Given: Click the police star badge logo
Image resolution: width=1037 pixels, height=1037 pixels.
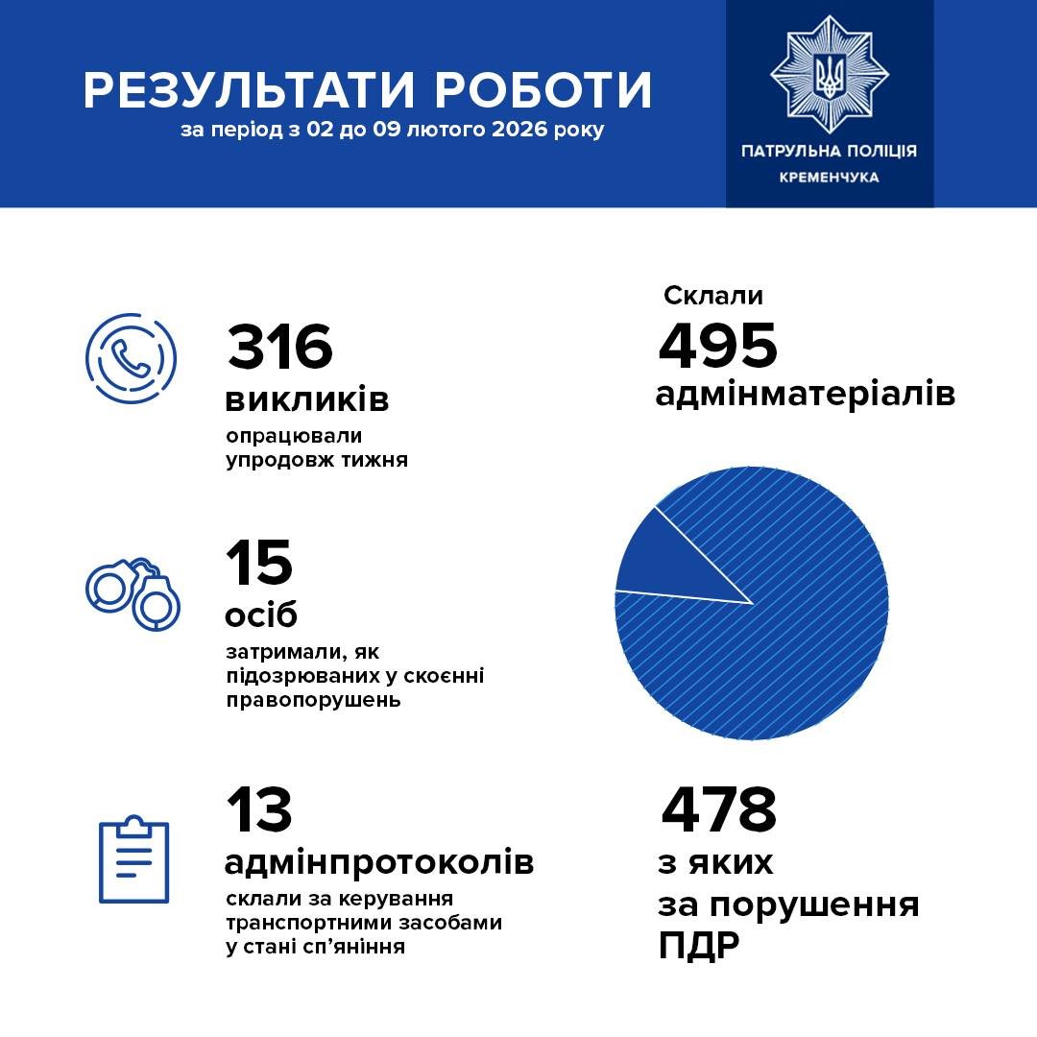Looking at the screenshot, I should tap(829, 73).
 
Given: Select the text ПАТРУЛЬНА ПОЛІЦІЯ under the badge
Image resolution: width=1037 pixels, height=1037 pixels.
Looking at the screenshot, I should tap(829, 151).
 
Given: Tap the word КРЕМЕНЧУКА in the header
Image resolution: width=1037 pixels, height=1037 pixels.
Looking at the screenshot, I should tap(829, 178).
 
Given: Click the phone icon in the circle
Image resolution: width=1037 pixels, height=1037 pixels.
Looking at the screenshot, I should tap(131, 356).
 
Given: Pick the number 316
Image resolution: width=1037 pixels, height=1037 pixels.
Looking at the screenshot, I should tap(279, 347).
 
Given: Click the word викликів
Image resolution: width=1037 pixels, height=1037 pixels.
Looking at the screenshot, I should tap(307, 398).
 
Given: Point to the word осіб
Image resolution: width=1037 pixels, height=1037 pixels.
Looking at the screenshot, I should tap(261, 615).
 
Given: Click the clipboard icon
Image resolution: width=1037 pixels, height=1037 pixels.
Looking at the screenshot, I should tap(134, 859).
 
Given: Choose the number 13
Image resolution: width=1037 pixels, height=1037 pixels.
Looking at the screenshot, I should tap(259, 810).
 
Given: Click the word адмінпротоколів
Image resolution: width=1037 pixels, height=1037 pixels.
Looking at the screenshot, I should tap(378, 862).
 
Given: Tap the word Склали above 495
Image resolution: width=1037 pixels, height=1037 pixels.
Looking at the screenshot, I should tap(712, 296).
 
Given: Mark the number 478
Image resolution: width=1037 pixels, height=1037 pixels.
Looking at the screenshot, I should tap(718, 810).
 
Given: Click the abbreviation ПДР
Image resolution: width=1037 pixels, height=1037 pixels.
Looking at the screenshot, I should tap(699, 946).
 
